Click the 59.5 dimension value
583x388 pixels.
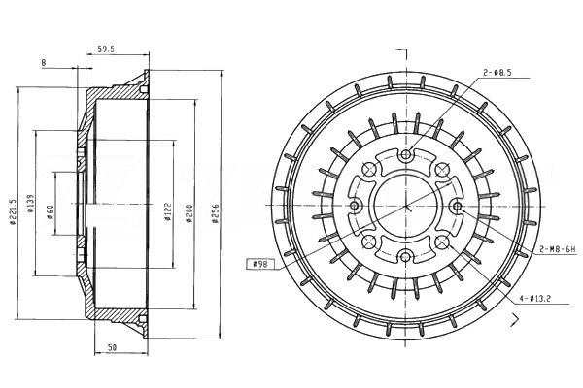coord(105,49)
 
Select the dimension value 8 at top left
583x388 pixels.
coord(44,63)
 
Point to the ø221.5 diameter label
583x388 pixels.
coord(14,212)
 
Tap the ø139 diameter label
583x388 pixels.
coord(30,204)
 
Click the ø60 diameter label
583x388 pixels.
coord(51,212)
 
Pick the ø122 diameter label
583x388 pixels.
coord(168,211)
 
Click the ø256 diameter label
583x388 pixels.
coord(216,213)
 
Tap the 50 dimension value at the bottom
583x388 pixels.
coord(112,347)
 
